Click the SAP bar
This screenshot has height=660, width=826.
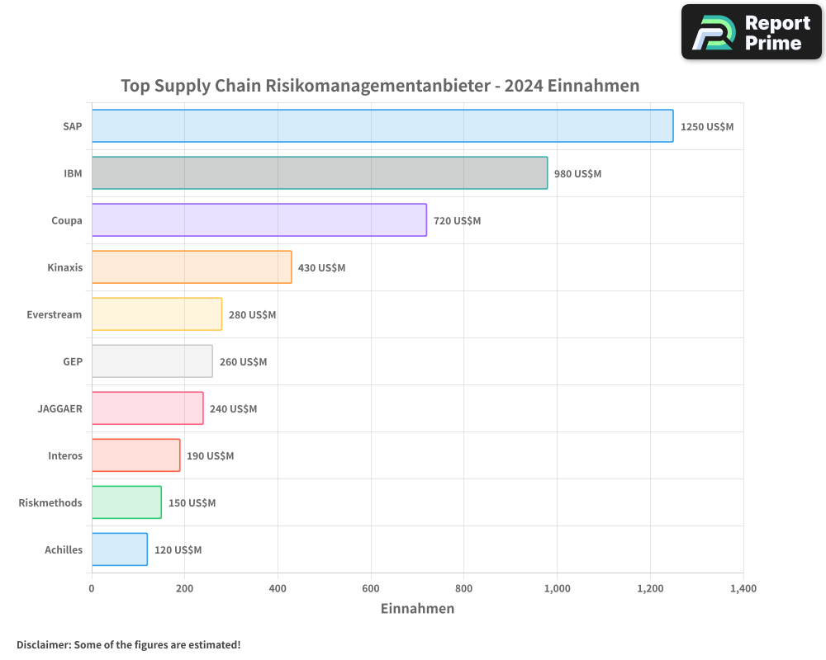point(382,126)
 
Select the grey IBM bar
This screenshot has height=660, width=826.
point(319,173)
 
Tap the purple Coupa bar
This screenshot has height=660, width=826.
point(259,220)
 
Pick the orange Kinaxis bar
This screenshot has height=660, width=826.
point(191,267)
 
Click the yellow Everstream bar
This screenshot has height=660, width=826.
point(156,314)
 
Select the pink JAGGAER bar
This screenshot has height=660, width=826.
point(147,408)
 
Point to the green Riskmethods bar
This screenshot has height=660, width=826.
point(126,502)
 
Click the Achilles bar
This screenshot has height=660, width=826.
point(119,549)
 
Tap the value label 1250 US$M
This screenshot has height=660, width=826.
point(707,127)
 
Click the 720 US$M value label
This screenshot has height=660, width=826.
point(457,221)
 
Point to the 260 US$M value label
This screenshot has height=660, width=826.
point(243,362)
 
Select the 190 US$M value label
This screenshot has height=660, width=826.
point(210,456)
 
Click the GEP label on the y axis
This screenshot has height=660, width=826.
point(73,361)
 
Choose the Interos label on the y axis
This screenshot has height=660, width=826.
point(65,455)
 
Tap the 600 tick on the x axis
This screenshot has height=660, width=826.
point(371,589)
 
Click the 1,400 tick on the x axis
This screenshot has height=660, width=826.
point(743,589)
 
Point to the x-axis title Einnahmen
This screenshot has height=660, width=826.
point(417,609)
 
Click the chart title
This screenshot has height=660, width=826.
point(380,86)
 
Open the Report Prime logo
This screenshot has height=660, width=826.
point(752,32)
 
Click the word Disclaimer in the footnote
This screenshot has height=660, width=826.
point(42,645)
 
